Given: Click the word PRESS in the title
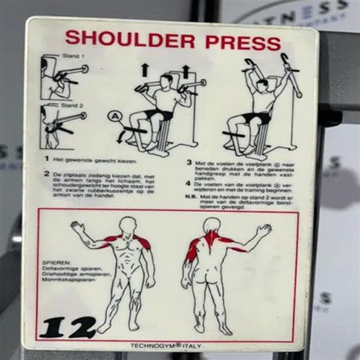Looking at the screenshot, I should (242, 41).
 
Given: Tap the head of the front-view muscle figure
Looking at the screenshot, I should (127, 226).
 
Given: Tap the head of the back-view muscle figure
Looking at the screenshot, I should (210, 226).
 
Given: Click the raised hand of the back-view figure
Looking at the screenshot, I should (263, 230).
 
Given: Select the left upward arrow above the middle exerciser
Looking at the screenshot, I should (145, 70).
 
